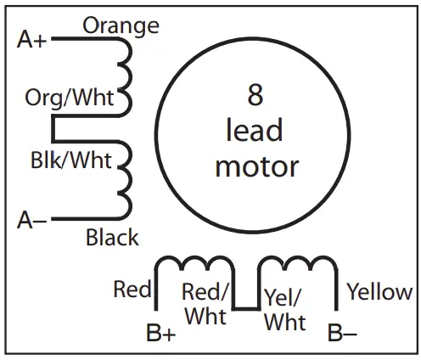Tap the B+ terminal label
pos(160,334)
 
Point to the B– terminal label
pos(342,334)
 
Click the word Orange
pos(120,25)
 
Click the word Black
pos(112,238)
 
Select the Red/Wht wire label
pos(205,304)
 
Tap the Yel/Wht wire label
pos(284,309)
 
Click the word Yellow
pos(379,292)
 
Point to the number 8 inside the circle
pos(255,96)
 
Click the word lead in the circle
pos(255,131)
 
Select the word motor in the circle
pos(256,166)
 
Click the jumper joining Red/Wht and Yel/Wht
pos(245,308)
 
